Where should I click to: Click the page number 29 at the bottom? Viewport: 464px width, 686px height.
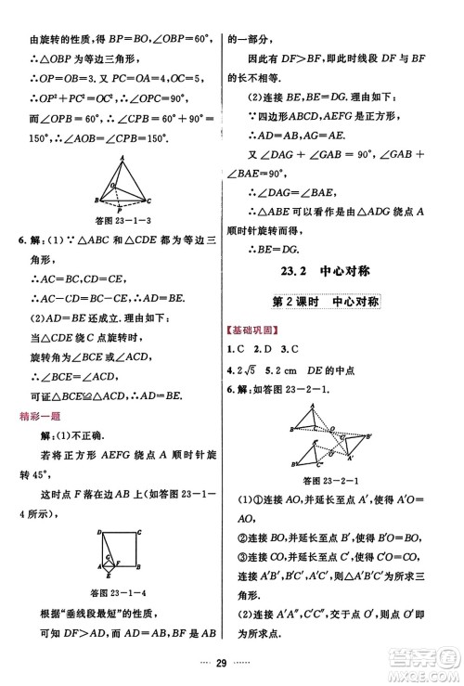coord(232,662)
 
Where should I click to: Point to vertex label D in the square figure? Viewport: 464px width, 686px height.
coord(97,531)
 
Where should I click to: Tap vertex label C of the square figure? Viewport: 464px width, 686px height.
coord(138,531)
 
